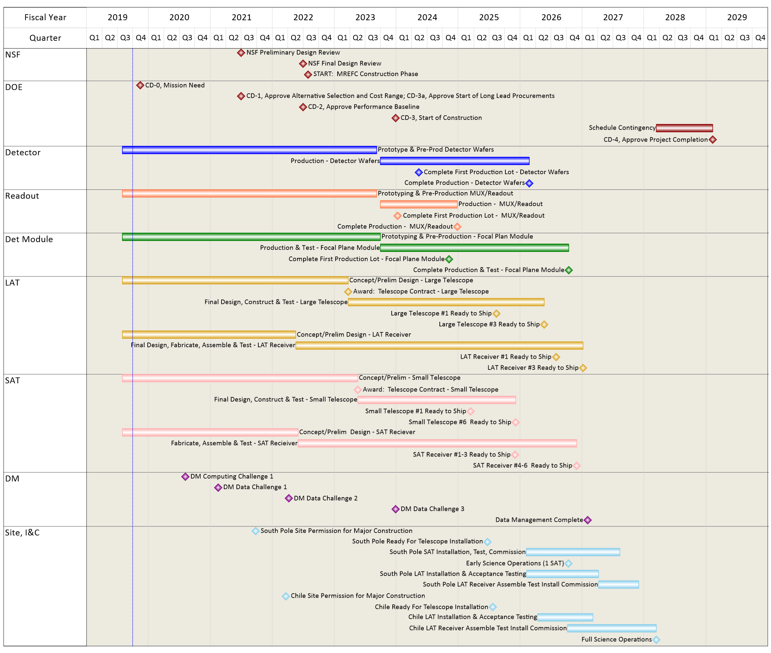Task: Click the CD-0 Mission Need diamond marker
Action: pos(140,86)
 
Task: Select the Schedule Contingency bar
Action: pos(684,128)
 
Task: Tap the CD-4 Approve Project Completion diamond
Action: pos(713,140)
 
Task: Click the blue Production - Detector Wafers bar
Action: pos(454,161)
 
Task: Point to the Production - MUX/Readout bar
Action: pos(418,204)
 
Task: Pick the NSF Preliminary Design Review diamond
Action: pos(241,53)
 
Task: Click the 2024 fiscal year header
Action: pos(427,17)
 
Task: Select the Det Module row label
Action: pos(29,239)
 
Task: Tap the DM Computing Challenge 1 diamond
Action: pos(185,476)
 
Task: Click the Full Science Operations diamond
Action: pos(656,639)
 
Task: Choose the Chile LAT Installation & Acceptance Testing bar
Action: pos(565,617)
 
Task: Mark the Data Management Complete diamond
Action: pos(587,520)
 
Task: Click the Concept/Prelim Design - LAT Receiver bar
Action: pos(209,335)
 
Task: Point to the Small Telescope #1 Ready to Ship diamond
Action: pos(470,411)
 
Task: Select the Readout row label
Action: pos(22,196)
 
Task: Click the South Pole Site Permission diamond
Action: pos(256,531)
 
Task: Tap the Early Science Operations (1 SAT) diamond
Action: pos(568,564)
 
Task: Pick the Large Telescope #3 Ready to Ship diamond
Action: pos(544,325)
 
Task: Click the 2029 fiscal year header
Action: pos(737,17)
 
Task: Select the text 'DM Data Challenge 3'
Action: pos(432,509)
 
